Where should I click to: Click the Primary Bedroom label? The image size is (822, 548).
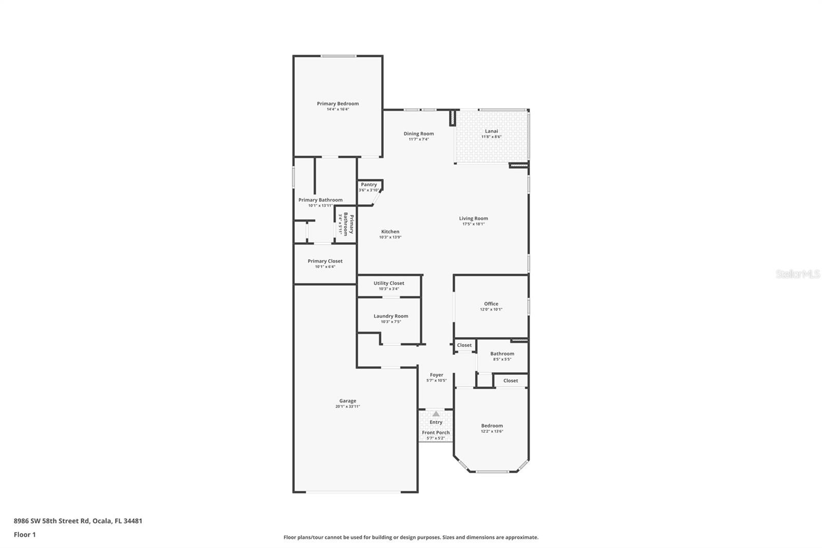pyautogui.click(x=338, y=104)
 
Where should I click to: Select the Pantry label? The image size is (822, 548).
pyautogui.click(x=369, y=185)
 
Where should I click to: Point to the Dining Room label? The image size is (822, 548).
pyautogui.click(x=418, y=134)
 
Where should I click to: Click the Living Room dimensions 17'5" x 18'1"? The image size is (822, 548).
pyautogui.click(x=473, y=224)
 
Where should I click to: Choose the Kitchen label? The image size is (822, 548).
pyautogui.click(x=390, y=232)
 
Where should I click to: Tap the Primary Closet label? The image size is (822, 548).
pyautogui.click(x=325, y=261)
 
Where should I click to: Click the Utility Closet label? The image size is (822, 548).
pyautogui.click(x=388, y=283)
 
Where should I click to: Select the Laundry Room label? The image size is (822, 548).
pyautogui.click(x=390, y=316)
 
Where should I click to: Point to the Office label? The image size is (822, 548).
pyautogui.click(x=491, y=304)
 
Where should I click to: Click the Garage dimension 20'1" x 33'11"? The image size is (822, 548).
pyautogui.click(x=347, y=407)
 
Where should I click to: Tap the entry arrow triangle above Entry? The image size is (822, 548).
pyautogui.click(x=436, y=413)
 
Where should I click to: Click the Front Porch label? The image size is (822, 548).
pyautogui.click(x=436, y=433)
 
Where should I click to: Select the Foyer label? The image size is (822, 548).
pyautogui.click(x=436, y=375)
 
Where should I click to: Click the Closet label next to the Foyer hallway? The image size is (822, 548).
pyautogui.click(x=464, y=345)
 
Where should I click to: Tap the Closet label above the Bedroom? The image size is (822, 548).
pyautogui.click(x=510, y=381)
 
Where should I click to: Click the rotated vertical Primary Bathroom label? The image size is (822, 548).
pyautogui.click(x=349, y=224)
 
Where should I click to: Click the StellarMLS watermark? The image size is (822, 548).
pyautogui.click(x=797, y=275)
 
